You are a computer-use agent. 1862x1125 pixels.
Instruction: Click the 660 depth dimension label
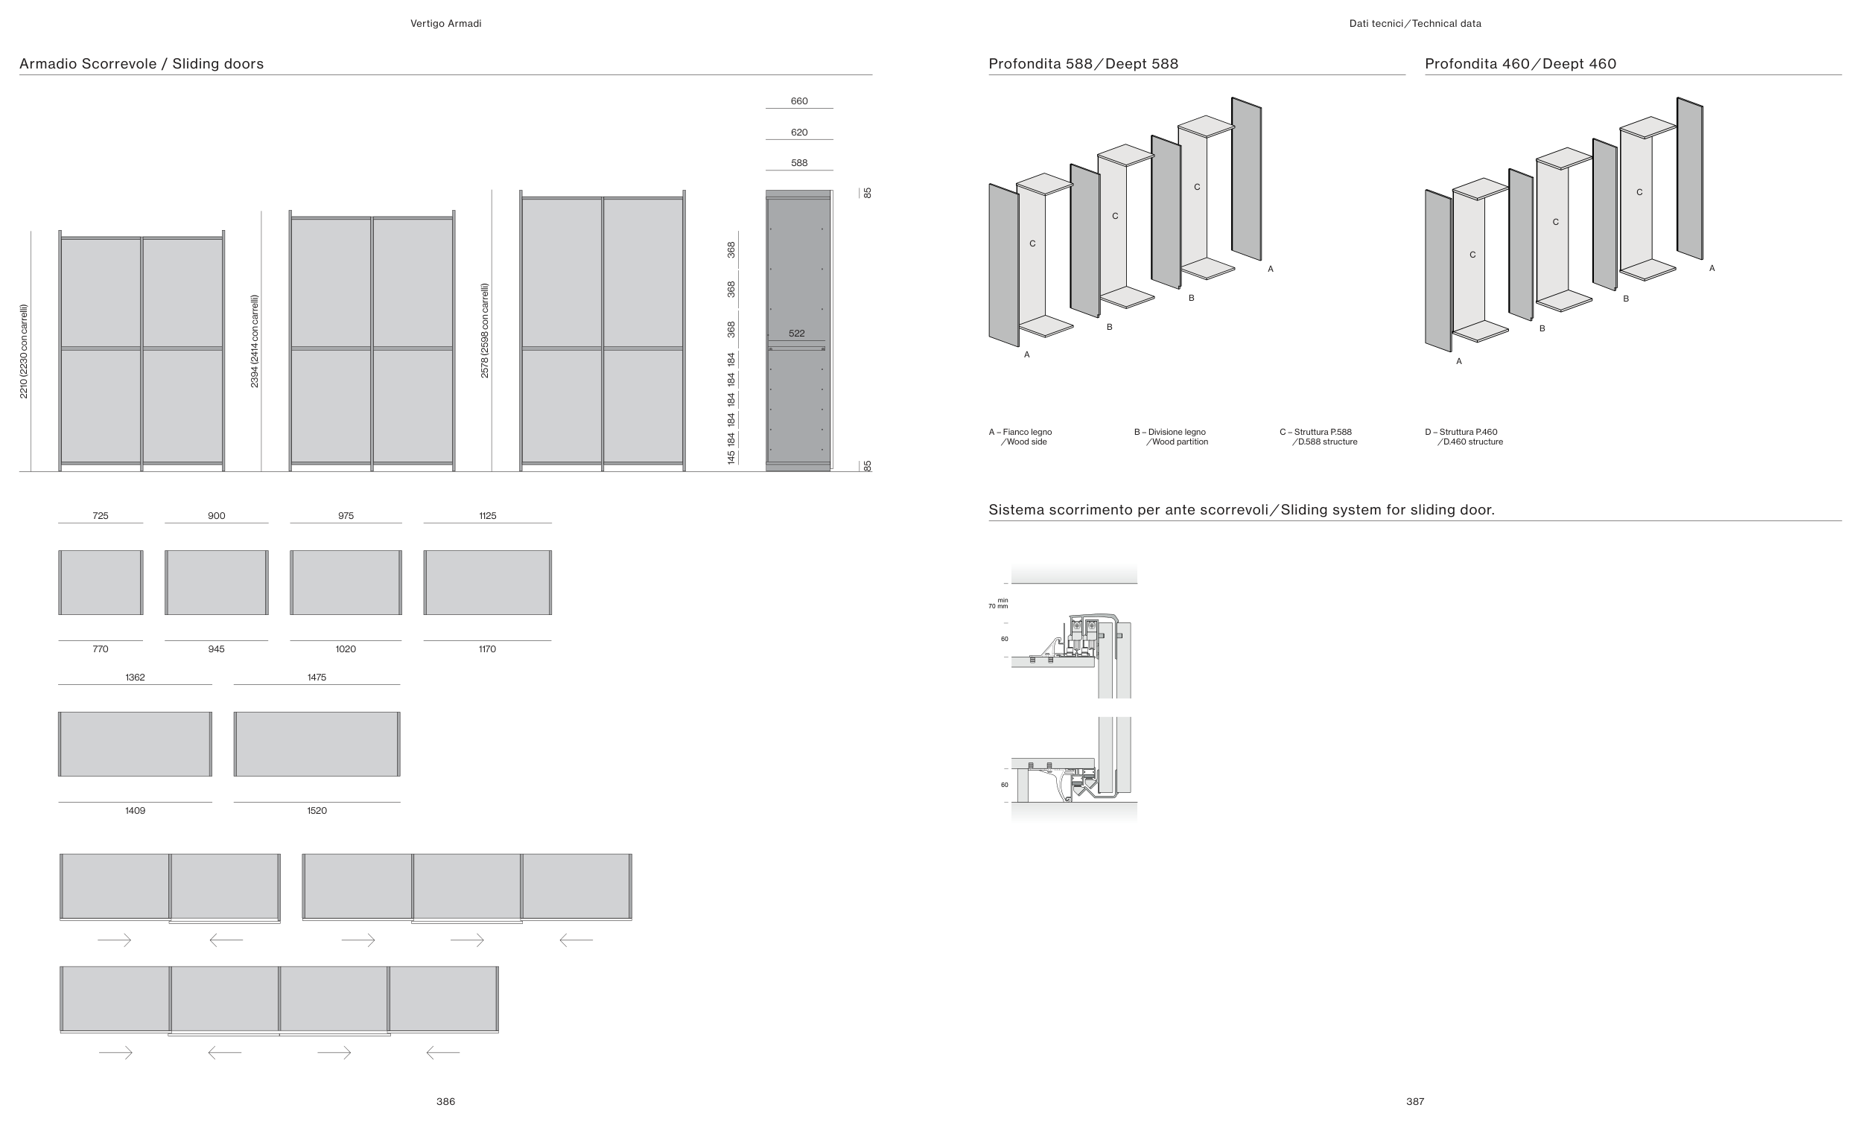coord(798,101)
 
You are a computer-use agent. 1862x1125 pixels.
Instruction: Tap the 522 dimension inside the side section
coord(796,334)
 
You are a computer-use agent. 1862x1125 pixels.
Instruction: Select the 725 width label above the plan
coord(101,516)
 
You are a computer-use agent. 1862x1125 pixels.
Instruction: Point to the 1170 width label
coord(487,649)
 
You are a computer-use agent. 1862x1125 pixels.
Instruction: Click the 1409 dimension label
coord(136,811)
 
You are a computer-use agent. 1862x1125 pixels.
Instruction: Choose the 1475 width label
coord(317,678)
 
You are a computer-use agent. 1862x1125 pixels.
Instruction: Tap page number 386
coord(446,1102)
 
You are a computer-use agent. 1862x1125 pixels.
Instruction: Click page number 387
coord(1414,1102)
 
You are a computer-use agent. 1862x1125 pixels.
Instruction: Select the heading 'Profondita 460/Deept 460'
coord(1520,64)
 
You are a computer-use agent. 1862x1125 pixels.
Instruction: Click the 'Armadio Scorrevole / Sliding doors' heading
coord(142,64)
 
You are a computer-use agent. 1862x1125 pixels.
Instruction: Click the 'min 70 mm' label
coord(999,603)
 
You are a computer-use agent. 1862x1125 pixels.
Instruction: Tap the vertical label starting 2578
coord(485,331)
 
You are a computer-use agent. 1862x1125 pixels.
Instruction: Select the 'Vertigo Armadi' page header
coord(446,23)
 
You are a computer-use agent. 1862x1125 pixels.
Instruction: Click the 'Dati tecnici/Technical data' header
coord(1414,23)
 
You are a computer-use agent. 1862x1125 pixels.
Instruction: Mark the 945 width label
coord(216,649)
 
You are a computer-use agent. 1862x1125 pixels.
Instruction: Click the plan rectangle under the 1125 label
coord(487,582)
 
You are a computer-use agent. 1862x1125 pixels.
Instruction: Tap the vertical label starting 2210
coord(24,351)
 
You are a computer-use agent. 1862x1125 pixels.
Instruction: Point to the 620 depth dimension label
coord(798,133)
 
